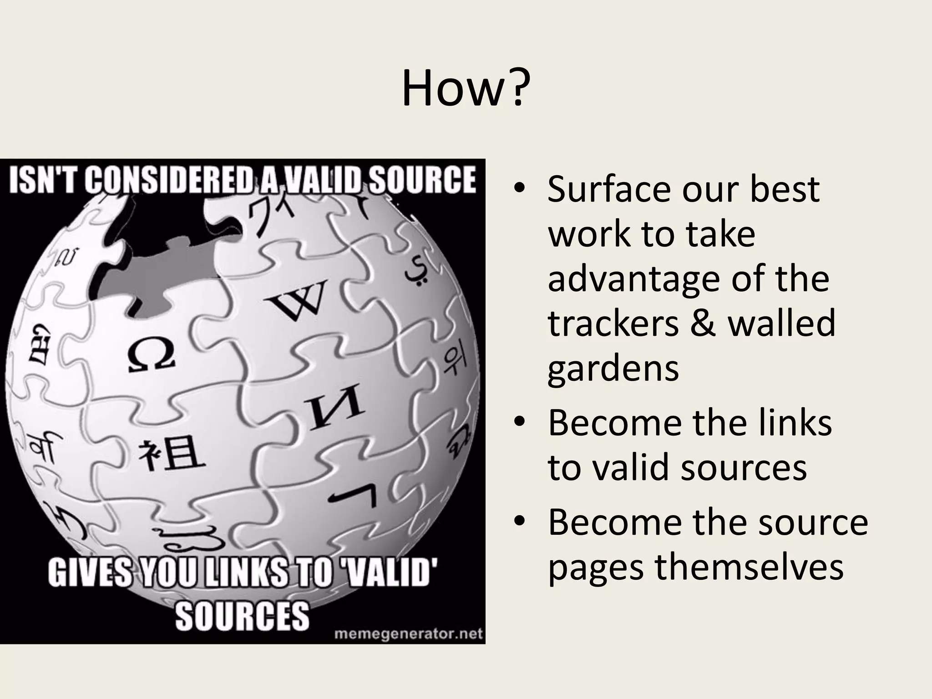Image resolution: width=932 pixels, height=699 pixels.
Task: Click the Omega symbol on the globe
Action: click(151, 355)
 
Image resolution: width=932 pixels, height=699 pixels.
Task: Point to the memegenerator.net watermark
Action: click(408, 634)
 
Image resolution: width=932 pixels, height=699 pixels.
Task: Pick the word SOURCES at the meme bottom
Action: click(242, 615)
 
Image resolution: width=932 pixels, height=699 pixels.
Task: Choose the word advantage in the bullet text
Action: click(633, 279)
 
